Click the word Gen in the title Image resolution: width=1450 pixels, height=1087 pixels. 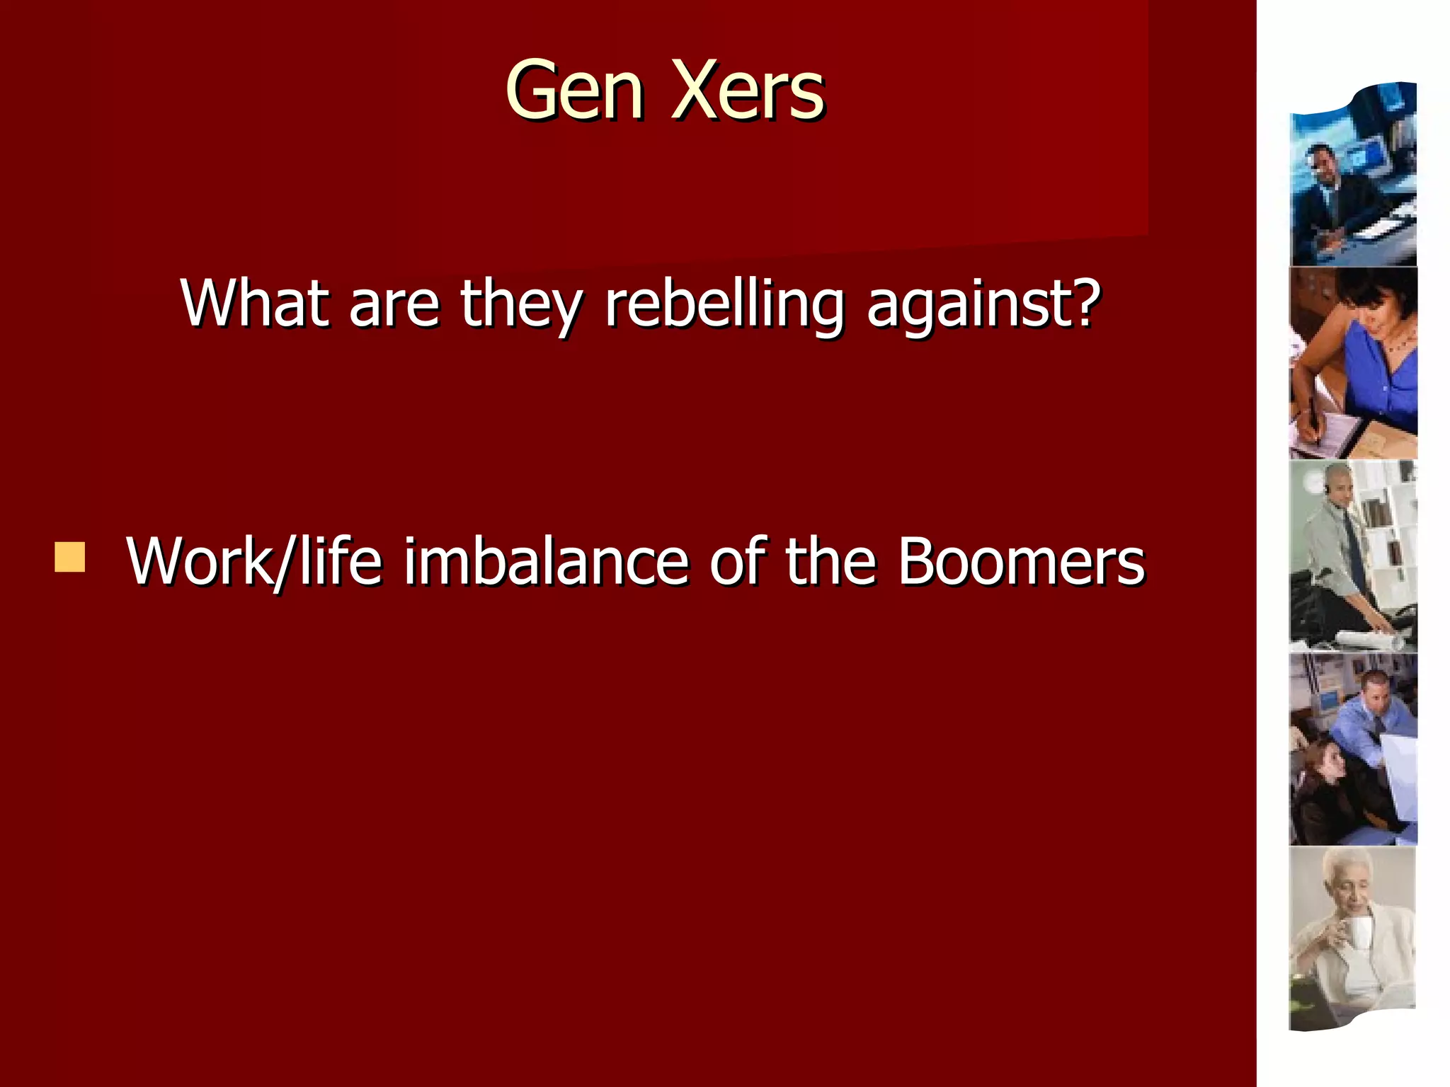[574, 91]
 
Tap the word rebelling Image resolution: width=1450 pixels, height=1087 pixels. [724, 304]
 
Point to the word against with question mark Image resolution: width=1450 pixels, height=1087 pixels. [983, 304]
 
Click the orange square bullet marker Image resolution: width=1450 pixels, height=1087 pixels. [69, 557]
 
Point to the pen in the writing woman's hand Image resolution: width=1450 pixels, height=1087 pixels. [1313, 418]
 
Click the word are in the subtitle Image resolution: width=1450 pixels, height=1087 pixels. [394, 304]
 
